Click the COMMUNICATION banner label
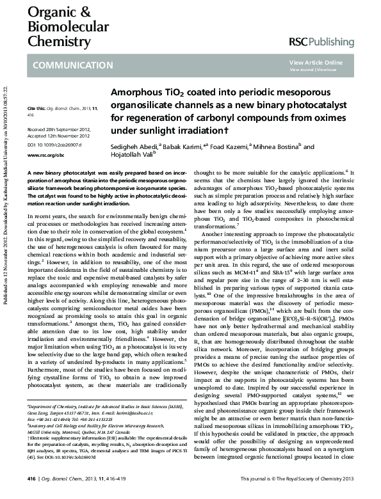coord(72,65)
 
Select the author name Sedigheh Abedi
coord(134,147)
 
